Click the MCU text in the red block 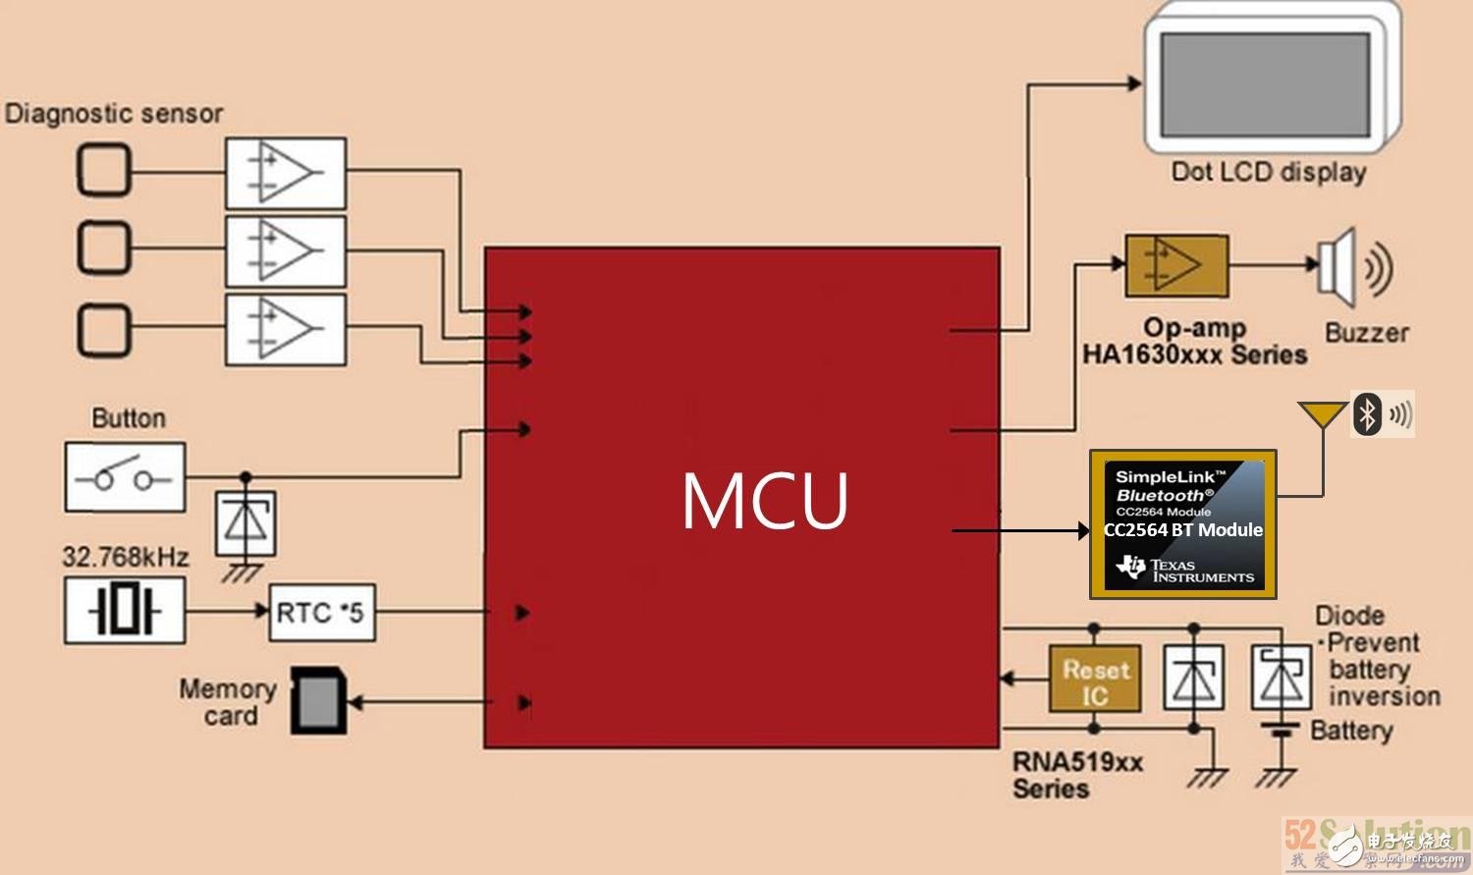pyautogui.click(x=765, y=501)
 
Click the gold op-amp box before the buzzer pyautogui.click(x=1176, y=265)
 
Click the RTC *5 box pyautogui.click(x=321, y=612)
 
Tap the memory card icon pyautogui.click(x=318, y=701)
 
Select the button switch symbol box pyautogui.click(x=125, y=477)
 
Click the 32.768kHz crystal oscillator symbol pyautogui.click(x=125, y=611)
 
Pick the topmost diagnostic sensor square pyautogui.click(x=103, y=171)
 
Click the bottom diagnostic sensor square pyautogui.click(x=103, y=330)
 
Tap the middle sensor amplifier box pyautogui.click(x=285, y=250)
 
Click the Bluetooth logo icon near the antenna pyautogui.click(x=1367, y=413)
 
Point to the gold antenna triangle pyautogui.click(x=1322, y=414)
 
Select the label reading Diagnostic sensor pyautogui.click(x=114, y=114)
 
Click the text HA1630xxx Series pyautogui.click(x=1194, y=355)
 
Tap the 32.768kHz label pyautogui.click(x=126, y=557)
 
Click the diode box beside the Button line pyautogui.click(x=245, y=523)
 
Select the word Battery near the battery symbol pyautogui.click(x=1351, y=731)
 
